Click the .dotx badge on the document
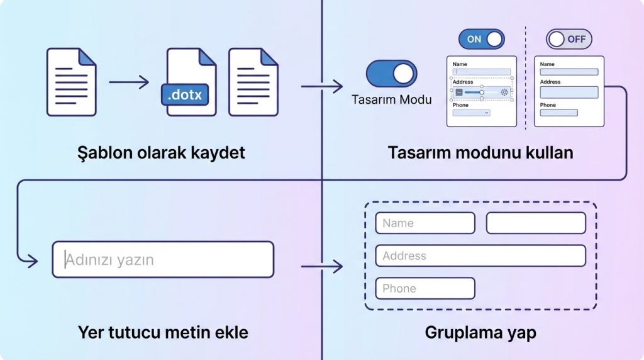click(185, 94)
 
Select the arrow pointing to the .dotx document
click(129, 82)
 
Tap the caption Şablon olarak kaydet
click(161, 153)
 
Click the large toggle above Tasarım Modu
click(391, 74)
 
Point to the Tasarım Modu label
click(391, 99)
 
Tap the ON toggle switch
click(481, 39)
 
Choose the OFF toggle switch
click(569, 39)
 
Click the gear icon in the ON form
click(504, 93)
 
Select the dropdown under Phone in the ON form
click(471, 113)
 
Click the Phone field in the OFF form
click(558, 113)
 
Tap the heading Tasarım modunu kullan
click(480, 153)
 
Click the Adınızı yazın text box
click(163, 259)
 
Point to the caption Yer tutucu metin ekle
click(163, 332)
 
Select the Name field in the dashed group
click(425, 223)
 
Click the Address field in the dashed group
click(480, 256)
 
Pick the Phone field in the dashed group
click(425, 288)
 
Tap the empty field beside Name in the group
click(536, 223)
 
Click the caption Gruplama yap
click(480, 332)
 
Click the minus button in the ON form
click(459, 93)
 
